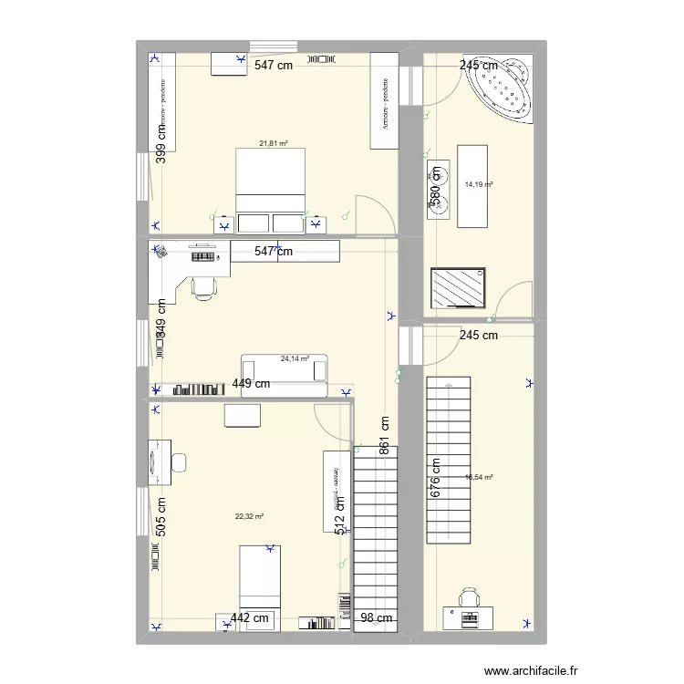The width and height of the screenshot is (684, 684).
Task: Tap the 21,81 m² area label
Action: tap(273, 143)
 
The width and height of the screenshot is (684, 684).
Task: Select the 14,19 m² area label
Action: tap(479, 184)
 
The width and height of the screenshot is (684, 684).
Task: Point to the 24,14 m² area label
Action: tap(295, 358)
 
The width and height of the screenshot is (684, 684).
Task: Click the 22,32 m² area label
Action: tap(249, 516)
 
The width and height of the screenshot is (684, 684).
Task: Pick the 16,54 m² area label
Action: tap(479, 477)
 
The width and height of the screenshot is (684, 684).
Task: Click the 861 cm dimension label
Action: tap(385, 436)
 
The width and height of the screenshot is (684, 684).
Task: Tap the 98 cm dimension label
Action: tap(376, 618)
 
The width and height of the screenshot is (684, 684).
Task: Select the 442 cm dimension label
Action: tap(250, 618)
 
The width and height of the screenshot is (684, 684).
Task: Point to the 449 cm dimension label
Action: tap(251, 384)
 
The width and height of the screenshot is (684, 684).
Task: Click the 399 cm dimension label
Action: tap(161, 142)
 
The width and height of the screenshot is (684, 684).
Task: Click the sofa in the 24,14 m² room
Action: tap(283, 373)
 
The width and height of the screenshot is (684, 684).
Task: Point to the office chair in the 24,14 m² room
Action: tap(204, 288)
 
